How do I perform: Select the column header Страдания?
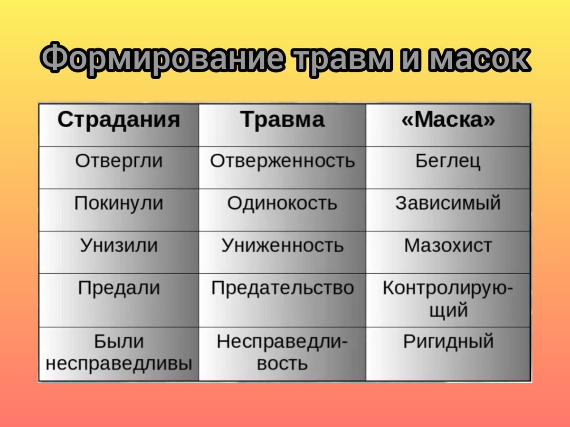tap(119, 120)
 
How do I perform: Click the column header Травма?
tap(283, 120)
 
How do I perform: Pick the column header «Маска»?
tap(448, 120)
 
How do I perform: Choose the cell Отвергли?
tap(119, 161)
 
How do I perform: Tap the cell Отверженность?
tap(283, 161)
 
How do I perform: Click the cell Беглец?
tap(448, 161)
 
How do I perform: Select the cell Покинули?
tap(119, 203)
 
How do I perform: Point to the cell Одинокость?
tap(283, 203)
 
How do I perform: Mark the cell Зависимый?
tap(448, 203)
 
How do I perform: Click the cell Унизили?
tap(119, 245)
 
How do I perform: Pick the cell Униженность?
tap(283, 245)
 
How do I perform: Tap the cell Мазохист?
tap(448, 245)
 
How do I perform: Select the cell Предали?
tap(119, 288)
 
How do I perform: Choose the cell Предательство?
tap(283, 288)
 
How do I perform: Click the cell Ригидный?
tap(448, 342)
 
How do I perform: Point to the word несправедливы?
tap(119, 364)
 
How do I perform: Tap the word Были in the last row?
tap(119, 342)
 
